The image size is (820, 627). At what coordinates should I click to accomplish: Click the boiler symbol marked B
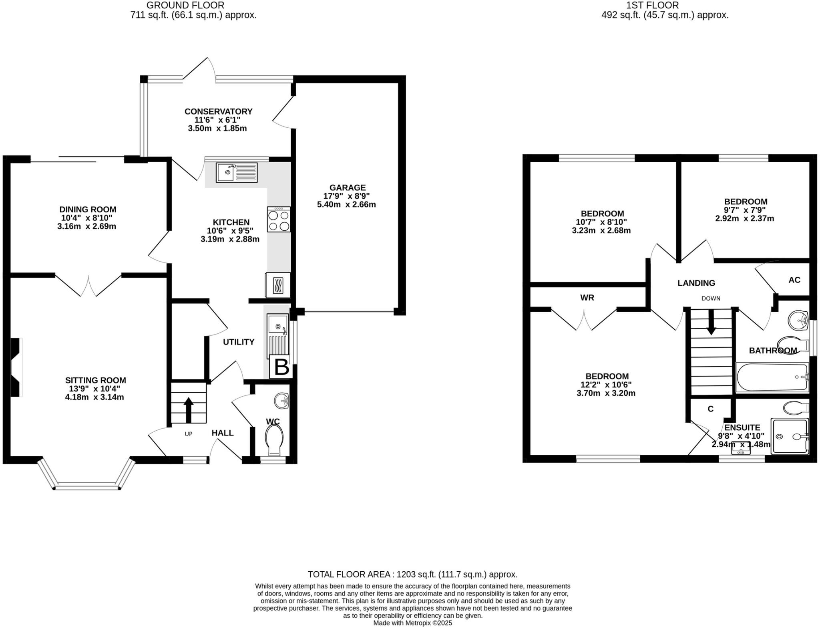[x=281, y=367]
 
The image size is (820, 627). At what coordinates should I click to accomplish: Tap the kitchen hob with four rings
[x=279, y=220]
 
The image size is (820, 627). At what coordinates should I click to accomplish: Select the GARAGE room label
[x=347, y=187]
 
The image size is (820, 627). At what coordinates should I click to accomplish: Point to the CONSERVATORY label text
[x=218, y=111]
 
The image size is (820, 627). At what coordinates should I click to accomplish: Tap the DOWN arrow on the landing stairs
[x=711, y=323]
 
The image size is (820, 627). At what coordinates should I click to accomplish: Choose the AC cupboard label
[x=794, y=280]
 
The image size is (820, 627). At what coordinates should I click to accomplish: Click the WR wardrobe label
[x=587, y=298]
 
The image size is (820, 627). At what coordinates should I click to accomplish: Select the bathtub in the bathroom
[x=772, y=377]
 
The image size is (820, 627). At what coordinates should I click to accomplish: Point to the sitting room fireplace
[x=16, y=367]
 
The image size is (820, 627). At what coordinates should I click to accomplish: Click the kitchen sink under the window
[x=236, y=173]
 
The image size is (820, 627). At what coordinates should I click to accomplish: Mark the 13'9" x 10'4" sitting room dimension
[x=94, y=389]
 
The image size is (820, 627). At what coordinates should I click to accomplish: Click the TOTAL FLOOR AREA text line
[x=412, y=575]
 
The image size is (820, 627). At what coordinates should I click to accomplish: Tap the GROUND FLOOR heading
[x=185, y=5]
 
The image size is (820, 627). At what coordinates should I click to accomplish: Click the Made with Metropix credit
[x=412, y=623]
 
